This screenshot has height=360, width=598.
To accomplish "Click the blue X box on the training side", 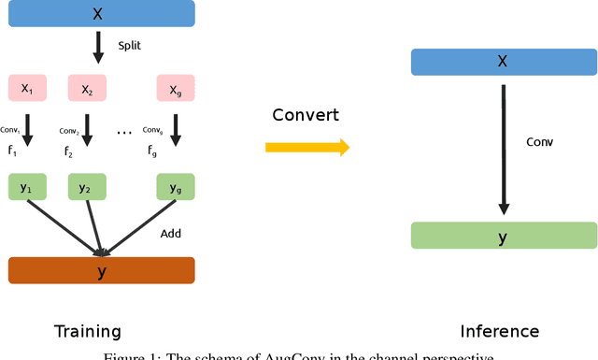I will click(101, 13).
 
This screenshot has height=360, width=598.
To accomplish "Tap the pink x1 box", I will click(26, 90).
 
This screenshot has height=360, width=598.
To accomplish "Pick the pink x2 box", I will click(87, 90).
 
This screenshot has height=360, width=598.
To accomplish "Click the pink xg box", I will click(175, 90).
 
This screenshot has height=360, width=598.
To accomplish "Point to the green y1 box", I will click(26, 187).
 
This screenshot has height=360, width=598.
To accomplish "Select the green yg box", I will click(175, 187).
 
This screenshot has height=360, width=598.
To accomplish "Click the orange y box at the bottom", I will click(101, 270).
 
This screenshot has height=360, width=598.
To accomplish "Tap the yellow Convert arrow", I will click(307, 147).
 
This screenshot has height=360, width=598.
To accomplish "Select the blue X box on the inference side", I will click(503, 62).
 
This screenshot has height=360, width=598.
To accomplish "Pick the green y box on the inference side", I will click(503, 236).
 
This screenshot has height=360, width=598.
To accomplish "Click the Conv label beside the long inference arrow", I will click(539, 142).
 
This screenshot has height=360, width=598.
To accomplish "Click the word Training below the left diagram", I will click(88, 331).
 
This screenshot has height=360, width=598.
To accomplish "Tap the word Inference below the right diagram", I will click(500, 331).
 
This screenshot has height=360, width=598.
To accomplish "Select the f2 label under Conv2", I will click(67, 151).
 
